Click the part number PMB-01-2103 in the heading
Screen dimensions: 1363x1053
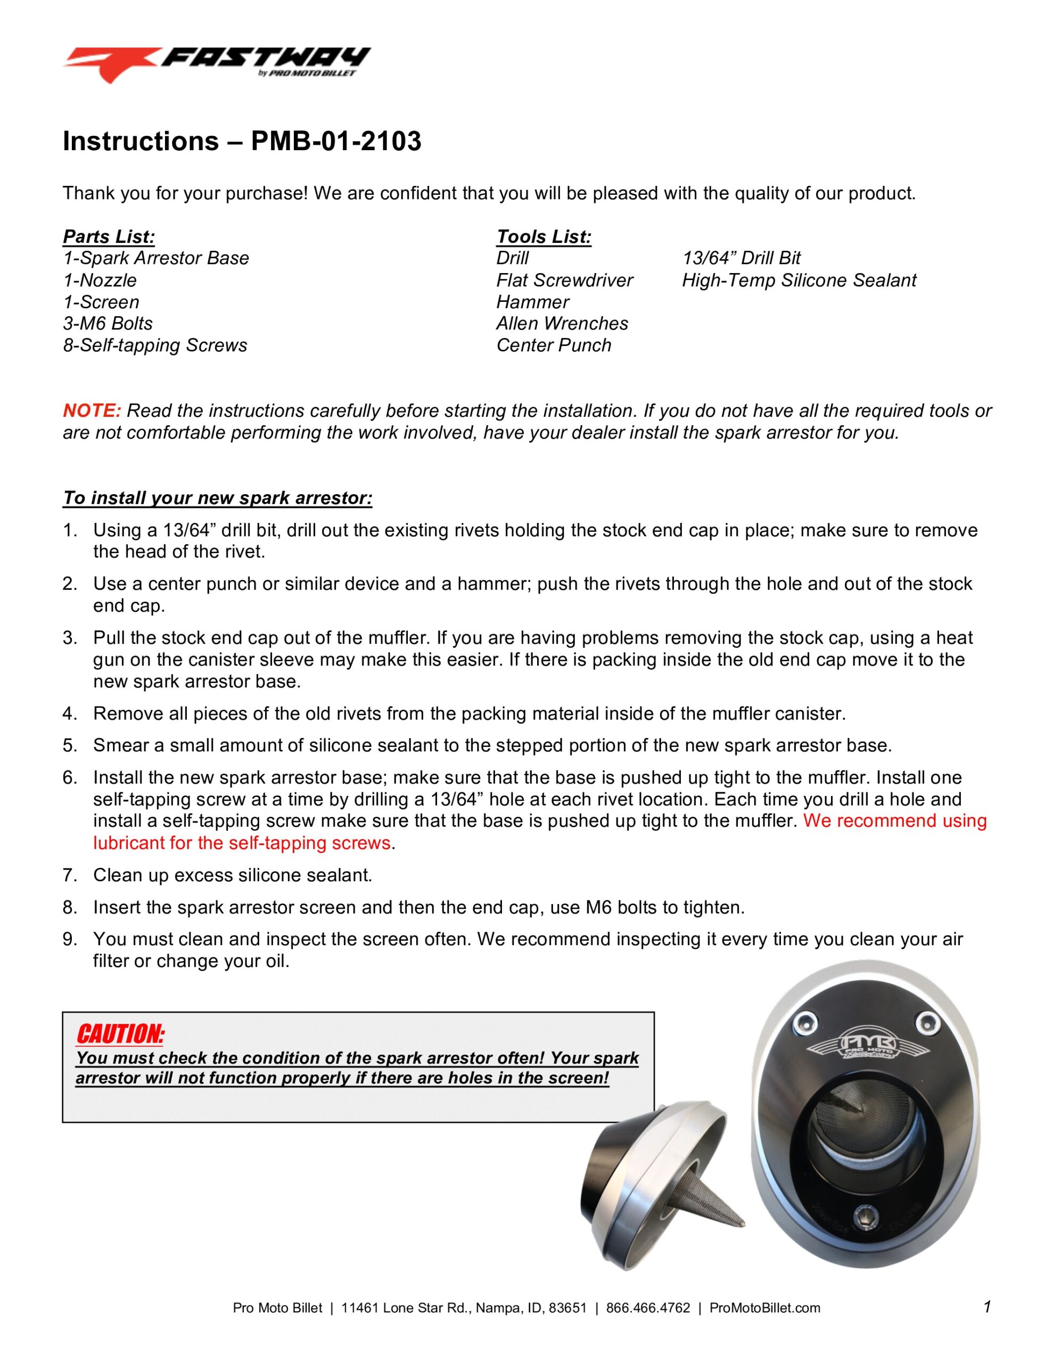(x=336, y=141)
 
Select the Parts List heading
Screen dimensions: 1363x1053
(x=109, y=236)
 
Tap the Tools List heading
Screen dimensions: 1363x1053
(x=543, y=236)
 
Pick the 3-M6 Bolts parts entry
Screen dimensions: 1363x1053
(x=108, y=323)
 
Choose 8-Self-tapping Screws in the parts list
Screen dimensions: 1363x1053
(x=155, y=345)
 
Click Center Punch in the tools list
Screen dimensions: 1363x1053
(x=553, y=345)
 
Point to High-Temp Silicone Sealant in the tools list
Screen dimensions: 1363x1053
(x=799, y=280)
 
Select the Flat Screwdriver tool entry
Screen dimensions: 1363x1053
(x=564, y=280)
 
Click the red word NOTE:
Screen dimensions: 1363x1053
(x=91, y=410)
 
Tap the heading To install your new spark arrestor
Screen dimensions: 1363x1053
(x=217, y=497)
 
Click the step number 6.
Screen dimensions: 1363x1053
(x=69, y=778)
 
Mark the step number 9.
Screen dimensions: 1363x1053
(x=69, y=939)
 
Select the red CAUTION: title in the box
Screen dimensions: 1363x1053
(x=120, y=1034)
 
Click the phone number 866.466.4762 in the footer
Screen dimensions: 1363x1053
(x=647, y=1308)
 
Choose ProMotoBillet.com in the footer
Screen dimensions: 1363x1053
(x=764, y=1308)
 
